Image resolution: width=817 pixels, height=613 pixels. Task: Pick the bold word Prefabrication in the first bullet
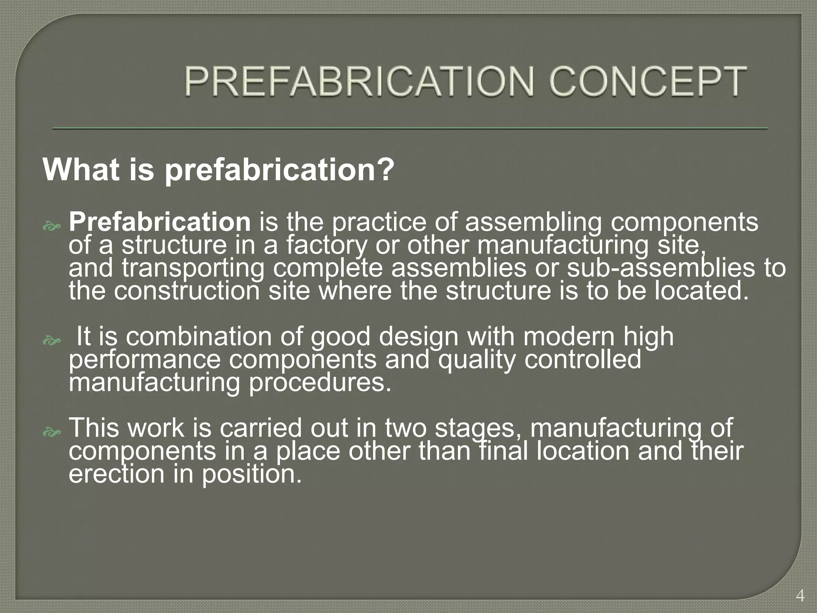click(160, 222)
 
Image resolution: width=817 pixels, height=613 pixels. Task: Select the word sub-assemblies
click(661, 268)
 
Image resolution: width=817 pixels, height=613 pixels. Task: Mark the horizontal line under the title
click(410, 129)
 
